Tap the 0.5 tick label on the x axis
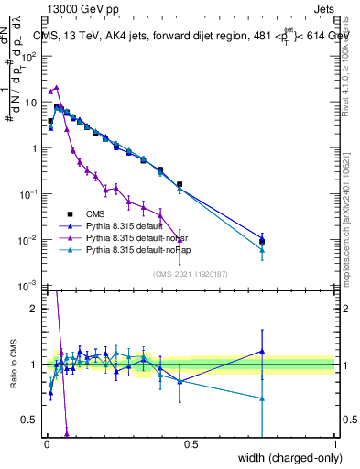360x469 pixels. point(190,444)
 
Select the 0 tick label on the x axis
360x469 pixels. point(46,444)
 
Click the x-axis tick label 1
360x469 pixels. point(333,444)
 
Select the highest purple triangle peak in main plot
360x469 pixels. point(57,87)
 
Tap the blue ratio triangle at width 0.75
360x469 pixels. point(262,351)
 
